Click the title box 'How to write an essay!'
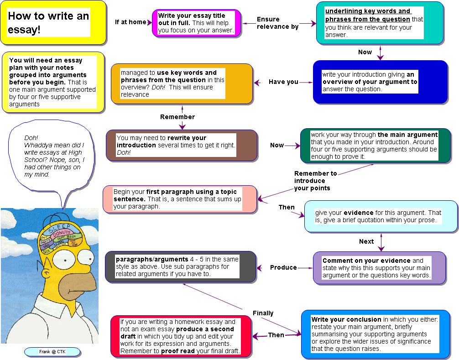(53, 22)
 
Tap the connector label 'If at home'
(130, 22)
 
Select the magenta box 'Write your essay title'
(197, 23)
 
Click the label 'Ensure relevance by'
(277, 23)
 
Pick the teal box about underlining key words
(380, 23)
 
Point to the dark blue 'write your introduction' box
(380, 82)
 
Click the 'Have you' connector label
(283, 82)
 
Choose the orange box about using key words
(182, 83)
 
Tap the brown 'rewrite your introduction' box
(182, 145)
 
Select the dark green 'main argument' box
(375, 146)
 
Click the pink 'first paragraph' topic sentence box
(179, 199)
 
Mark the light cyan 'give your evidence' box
(381, 216)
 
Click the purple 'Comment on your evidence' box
(379, 268)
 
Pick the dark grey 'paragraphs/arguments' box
(180, 266)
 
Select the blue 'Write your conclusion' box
(375, 334)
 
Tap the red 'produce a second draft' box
(181, 336)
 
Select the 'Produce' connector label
(283, 267)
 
